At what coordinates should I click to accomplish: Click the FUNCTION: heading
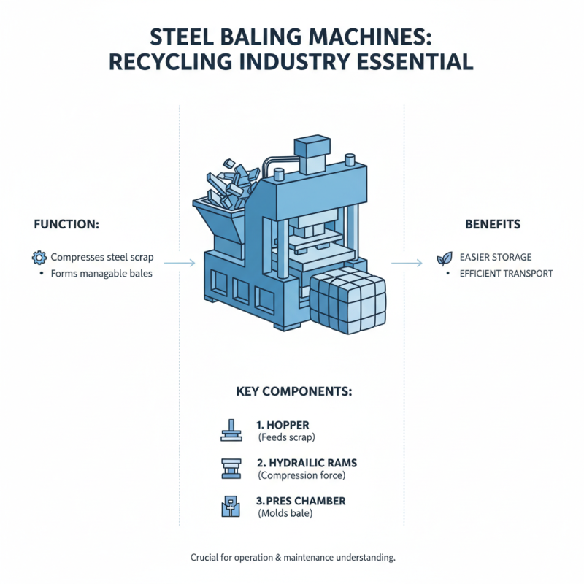pyautogui.click(x=66, y=224)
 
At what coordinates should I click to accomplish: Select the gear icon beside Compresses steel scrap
pyautogui.click(x=39, y=257)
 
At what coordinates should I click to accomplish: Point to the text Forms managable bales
pyautogui.click(x=101, y=274)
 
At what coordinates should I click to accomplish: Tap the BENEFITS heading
pyautogui.click(x=493, y=224)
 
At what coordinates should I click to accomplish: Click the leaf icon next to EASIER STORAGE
pyautogui.click(x=444, y=258)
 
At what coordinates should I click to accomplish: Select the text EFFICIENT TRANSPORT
pyautogui.click(x=506, y=274)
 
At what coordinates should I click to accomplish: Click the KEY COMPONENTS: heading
pyautogui.click(x=294, y=391)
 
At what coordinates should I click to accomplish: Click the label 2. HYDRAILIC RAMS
pyautogui.click(x=306, y=464)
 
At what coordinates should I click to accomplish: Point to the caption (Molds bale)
pyautogui.click(x=288, y=515)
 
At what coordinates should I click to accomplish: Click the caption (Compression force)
pyautogui.click(x=301, y=475)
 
